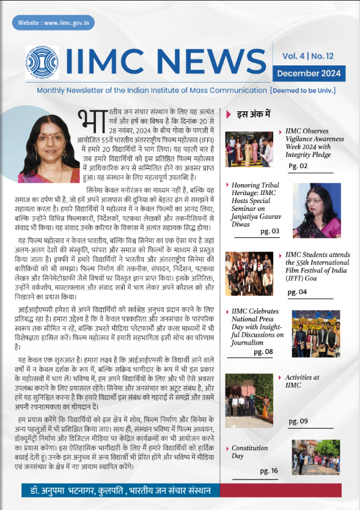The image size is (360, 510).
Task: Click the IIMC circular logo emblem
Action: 42,63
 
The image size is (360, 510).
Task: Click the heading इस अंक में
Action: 253,114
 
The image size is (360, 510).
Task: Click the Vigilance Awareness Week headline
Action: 313,143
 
